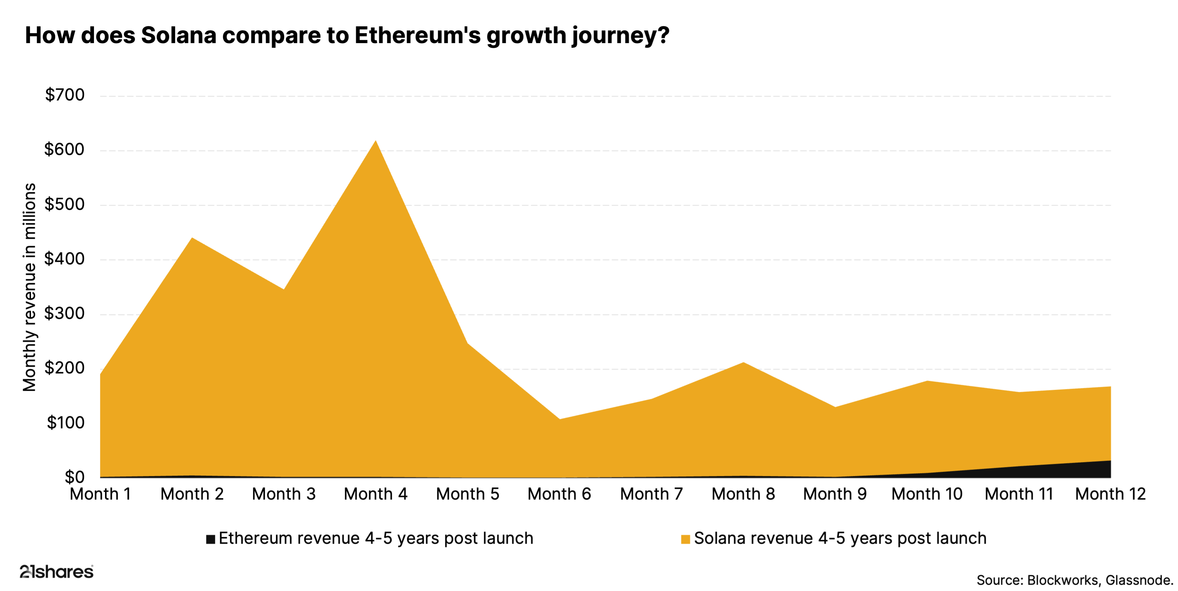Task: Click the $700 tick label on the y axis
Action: [x=64, y=95]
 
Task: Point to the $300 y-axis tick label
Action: [x=64, y=314]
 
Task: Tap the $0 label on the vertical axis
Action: [x=74, y=477]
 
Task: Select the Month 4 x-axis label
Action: [x=376, y=494]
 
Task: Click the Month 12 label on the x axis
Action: [x=1110, y=494]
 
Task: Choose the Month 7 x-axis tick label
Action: [x=651, y=494]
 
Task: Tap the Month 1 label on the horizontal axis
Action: [x=100, y=494]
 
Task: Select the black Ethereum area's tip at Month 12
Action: [x=1109, y=462]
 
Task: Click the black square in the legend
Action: [x=210, y=539]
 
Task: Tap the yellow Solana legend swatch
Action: [x=685, y=539]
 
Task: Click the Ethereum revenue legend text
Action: [x=376, y=538]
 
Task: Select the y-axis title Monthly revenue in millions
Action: [x=29, y=287]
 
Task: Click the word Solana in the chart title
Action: [x=178, y=35]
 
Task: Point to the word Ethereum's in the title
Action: [x=417, y=35]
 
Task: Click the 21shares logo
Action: [x=56, y=572]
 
